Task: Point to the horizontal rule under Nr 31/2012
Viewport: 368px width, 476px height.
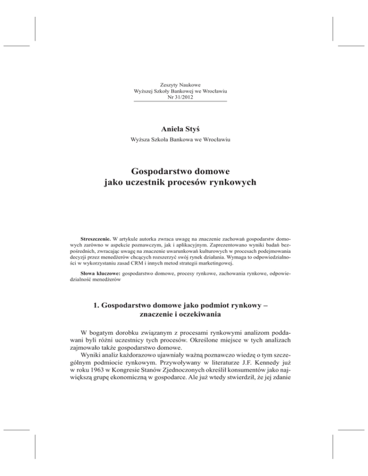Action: click(180, 102)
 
